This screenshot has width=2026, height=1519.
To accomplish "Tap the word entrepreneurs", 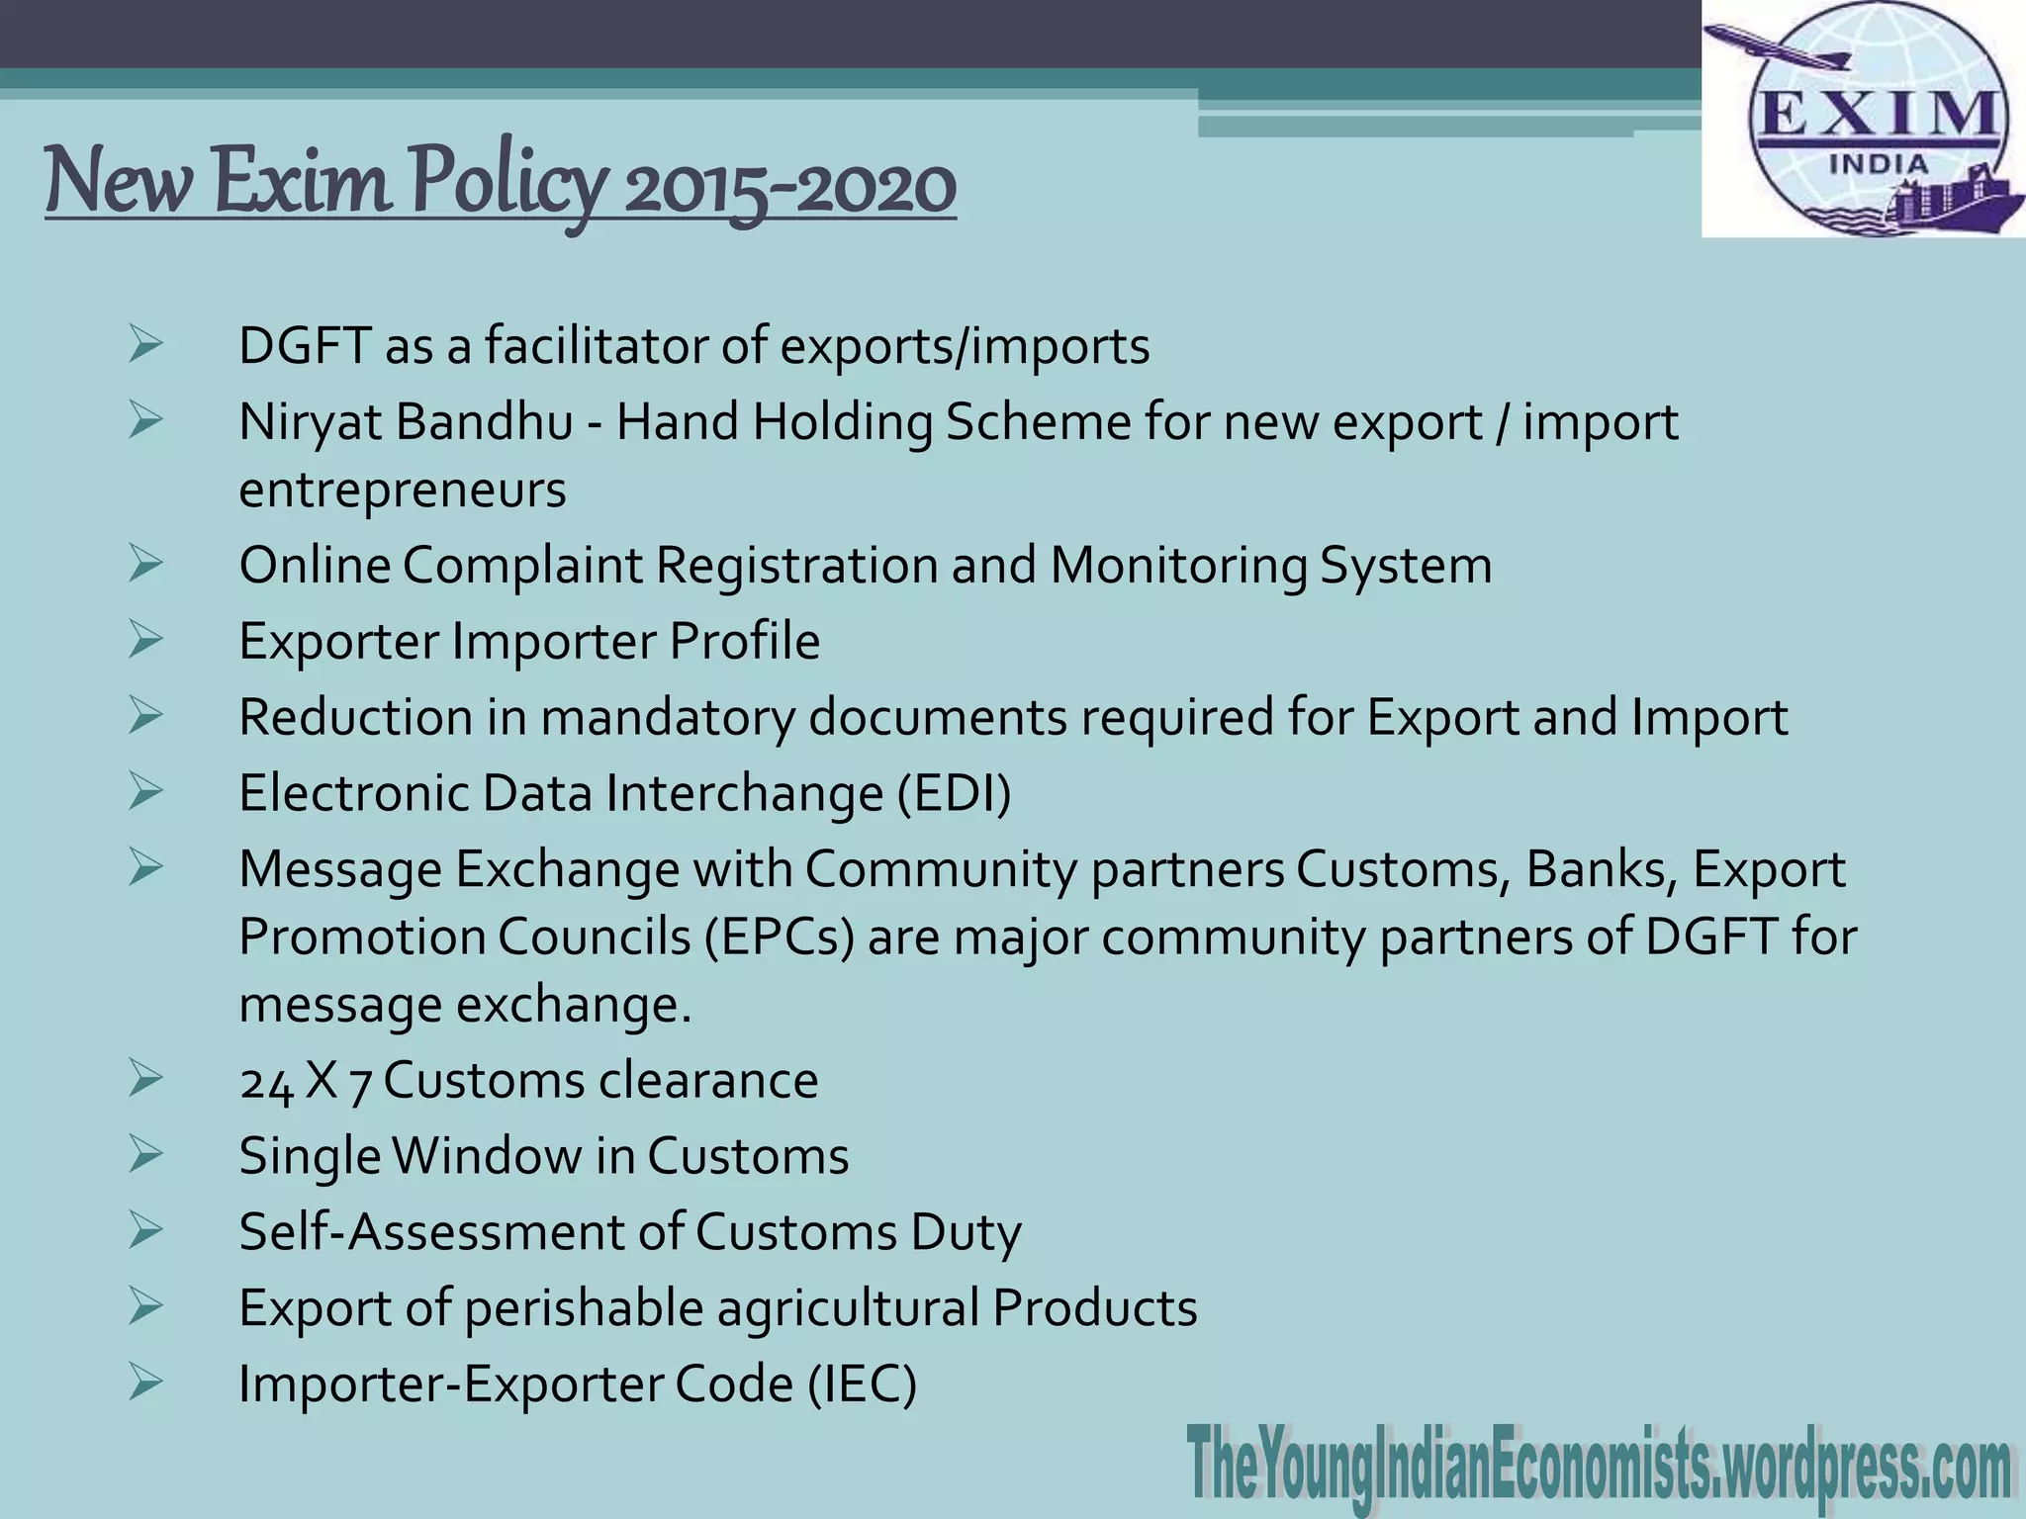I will click(403, 490).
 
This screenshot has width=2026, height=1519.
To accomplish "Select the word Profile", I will click(744, 641).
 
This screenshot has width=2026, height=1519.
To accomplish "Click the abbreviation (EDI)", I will click(955, 793).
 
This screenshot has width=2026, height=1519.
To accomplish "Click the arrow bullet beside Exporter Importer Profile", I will click(144, 639).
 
